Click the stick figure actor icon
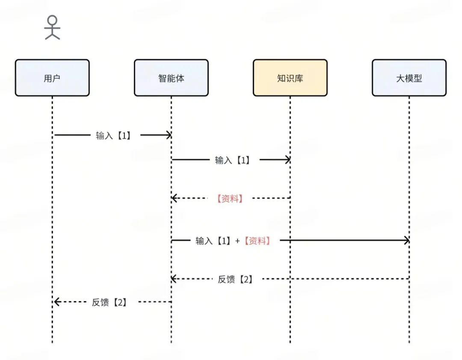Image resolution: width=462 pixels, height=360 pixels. tap(52, 28)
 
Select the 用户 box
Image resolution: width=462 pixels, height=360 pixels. tap(52, 77)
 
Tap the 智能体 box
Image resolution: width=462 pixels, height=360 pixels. tap(171, 77)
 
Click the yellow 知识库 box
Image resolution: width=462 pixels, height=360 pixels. tap(290, 77)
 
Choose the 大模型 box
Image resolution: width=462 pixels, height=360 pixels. tap(409, 77)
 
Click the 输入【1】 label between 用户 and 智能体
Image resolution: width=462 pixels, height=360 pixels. tap(113, 136)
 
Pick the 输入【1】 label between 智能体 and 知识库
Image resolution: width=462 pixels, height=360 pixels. tap(232, 160)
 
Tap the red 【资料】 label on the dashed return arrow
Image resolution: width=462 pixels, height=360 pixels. tap(230, 198)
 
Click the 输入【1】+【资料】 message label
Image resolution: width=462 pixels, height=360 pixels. tap(233, 241)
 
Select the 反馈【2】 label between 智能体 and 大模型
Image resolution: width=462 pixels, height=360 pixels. tap(235, 280)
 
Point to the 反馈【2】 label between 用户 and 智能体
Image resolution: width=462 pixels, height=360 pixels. tap(109, 302)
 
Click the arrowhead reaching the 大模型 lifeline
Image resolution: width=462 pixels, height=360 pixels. tap(406, 241)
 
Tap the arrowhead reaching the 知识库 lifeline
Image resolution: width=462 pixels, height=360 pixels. tap(287, 160)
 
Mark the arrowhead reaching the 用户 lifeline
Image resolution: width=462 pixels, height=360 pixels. tap(56, 302)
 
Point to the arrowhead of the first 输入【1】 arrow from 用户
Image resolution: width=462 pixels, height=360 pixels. tap(168, 135)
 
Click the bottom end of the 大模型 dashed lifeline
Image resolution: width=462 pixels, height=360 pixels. tap(409, 342)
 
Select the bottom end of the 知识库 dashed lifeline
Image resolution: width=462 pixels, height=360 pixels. tap(290, 342)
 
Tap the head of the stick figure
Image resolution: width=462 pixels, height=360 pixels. tap(52, 20)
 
